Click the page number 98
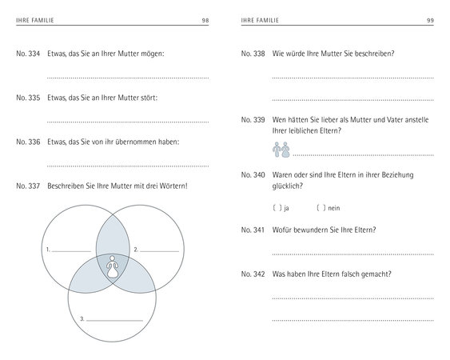(x=205, y=20)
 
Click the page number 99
(x=430, y=20)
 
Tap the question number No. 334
(x=28, y=54)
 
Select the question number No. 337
(x=28, y=186)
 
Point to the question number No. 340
(x=253, y=175)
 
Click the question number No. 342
(x=253, y=274)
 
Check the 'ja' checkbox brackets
(x=277, y=208)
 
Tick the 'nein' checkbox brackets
(x=321, y=208)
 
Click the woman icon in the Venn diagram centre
(x=113, y=266)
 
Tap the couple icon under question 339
(x=281, y=150)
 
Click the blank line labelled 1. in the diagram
(x=71, y=252)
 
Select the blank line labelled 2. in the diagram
(x=159, y=252)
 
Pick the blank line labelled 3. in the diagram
(x=114, y=321)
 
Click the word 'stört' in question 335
(x=149, y=98)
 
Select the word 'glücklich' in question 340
(x=286, y=186)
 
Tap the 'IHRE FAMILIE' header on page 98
(x=35, y=20)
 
